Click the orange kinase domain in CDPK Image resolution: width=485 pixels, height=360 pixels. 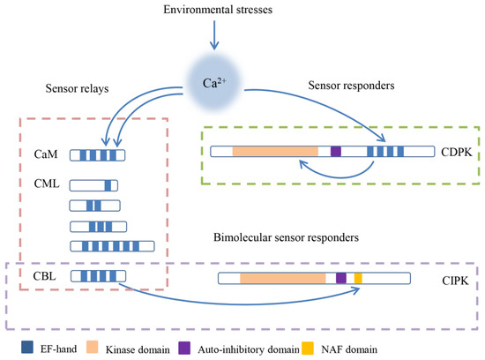[274, 152]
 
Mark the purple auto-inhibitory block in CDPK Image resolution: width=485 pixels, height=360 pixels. [335, 152]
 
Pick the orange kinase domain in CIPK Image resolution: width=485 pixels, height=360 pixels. [282, 277]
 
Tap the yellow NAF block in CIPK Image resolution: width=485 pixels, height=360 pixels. [358, 277]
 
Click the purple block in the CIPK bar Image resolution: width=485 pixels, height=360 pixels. [341, 277]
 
